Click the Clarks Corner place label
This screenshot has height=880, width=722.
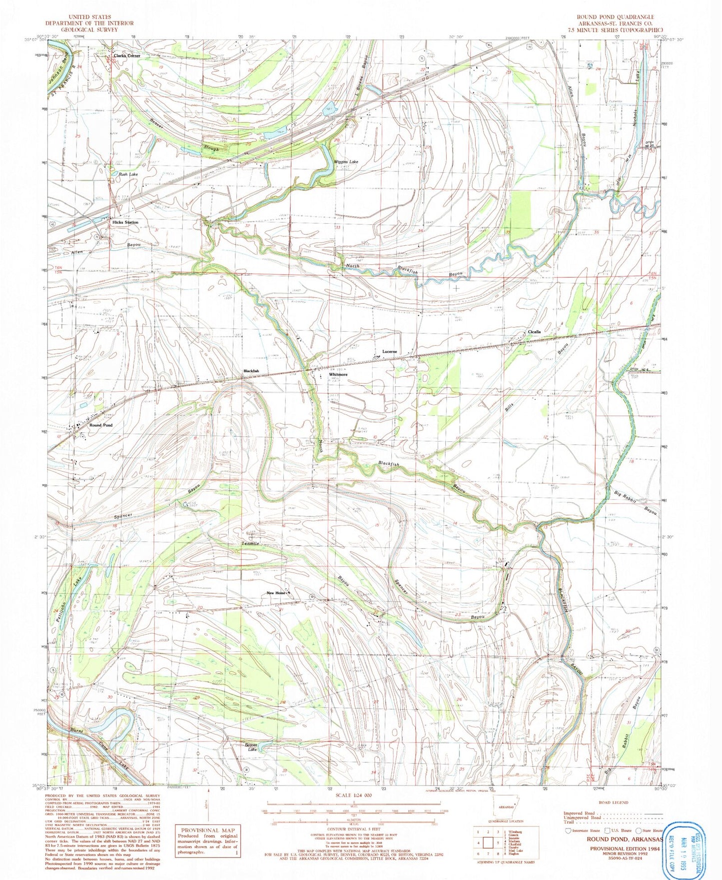(x=127, y=56)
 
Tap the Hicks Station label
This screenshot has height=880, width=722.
(x=125, y=222)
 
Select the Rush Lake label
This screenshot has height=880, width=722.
(x=128, y=174)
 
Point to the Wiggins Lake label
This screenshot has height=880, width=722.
(x=347, y=162)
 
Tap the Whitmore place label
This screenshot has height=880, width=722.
(x=338, y=374)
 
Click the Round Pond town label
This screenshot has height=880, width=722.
(x=101, y=425)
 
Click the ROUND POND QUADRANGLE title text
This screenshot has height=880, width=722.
(x=615, y=17)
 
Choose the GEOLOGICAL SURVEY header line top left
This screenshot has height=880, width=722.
(x=89, y=29)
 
